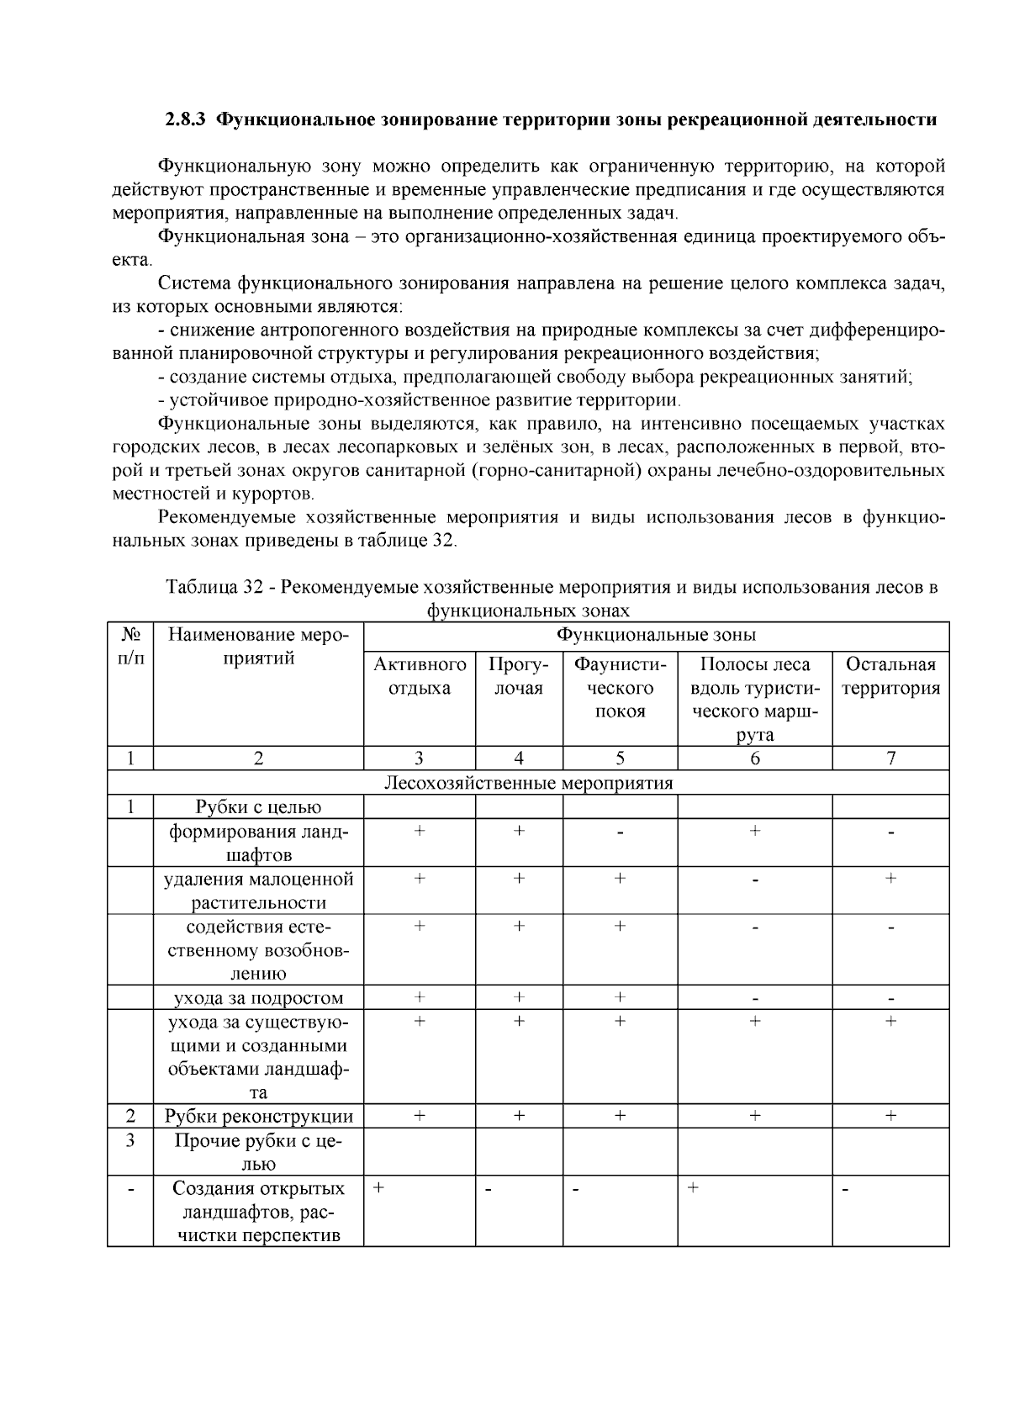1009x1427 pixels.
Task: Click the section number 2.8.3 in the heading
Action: [185, 119]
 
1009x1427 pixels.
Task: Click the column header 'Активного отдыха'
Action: [420, 676]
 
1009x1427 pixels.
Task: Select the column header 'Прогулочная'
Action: [519, 676]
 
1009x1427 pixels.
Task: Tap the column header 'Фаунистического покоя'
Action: [620, 688]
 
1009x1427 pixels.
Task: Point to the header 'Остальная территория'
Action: [890, 676]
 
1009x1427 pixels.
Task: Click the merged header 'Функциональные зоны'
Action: [656, 634]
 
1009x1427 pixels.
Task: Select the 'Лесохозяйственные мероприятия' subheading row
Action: [528, 783]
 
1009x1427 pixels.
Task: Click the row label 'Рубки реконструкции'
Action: [258, 1116]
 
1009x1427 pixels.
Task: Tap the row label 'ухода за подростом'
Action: [258, 998]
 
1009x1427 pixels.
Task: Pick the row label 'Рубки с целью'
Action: [258, 807]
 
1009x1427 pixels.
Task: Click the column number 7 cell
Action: [890, 758]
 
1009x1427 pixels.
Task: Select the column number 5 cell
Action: [620, 758]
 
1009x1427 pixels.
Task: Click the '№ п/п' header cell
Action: [130, 646]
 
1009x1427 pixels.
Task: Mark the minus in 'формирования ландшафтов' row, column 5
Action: [620, 833]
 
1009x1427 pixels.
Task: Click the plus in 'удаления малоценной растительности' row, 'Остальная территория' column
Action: [890, 879]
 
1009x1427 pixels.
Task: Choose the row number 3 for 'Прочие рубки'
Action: [130, 1141]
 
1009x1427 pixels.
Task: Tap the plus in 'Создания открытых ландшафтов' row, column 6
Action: [692, 1188]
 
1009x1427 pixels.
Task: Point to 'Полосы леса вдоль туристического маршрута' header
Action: [754, 698]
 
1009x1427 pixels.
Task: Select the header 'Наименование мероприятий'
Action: [258, 646]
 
